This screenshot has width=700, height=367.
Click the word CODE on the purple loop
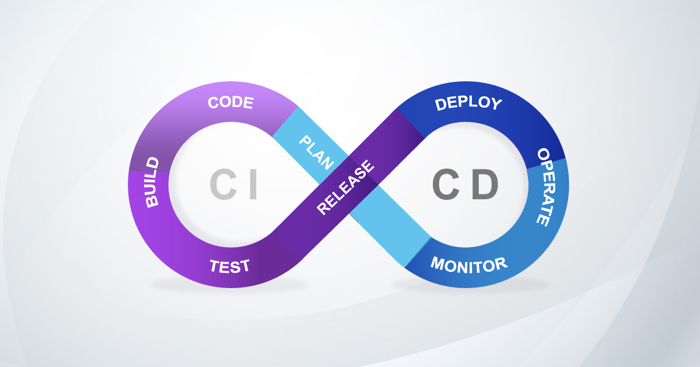pyautogui.click(x=230, y=103)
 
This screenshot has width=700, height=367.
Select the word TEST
pyautogui.click(x=229, y=266)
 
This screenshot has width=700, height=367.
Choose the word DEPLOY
pyautogui.click(x=468, y=104)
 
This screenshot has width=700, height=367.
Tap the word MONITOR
pyautogui.click(x=469, y=265)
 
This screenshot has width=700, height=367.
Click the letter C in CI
pyautogui.click(x=222, y=185)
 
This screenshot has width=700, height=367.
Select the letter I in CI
pyautogui.click(x=252, y=185)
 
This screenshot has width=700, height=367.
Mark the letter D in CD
pyautogui.click(x=485, y=185)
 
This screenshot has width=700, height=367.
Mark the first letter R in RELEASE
pyautogui.click(x=323, y=208)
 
